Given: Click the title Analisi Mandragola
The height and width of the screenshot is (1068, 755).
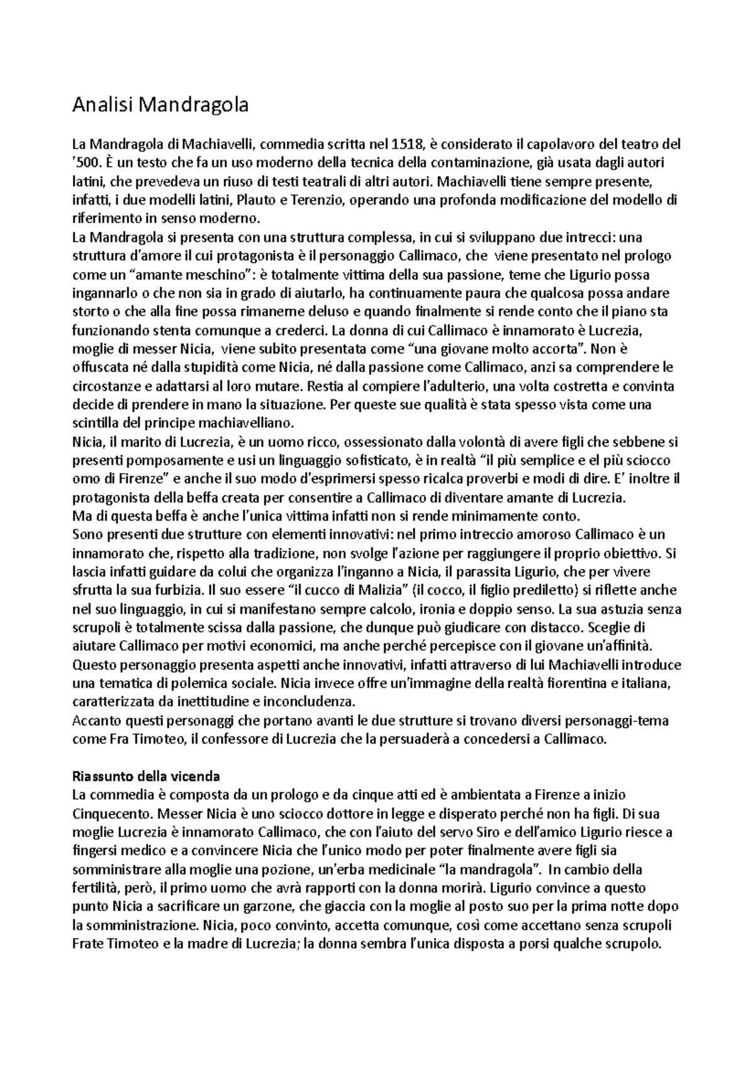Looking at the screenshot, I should click(160, 105).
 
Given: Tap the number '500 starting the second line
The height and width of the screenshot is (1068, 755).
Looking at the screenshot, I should click(86, 164).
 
